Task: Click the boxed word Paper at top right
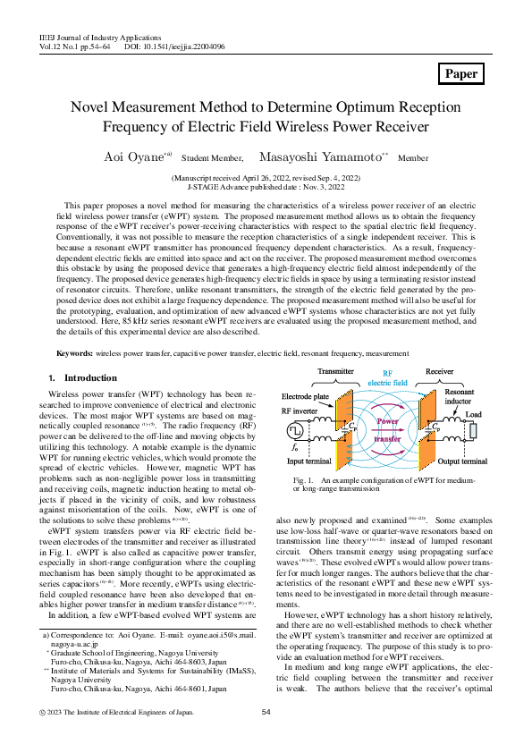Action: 461,73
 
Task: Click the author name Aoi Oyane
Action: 134,157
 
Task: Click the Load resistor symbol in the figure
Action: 475,431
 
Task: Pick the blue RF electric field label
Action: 388,377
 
